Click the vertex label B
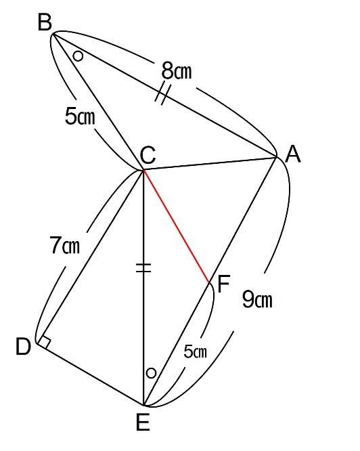point(45,22)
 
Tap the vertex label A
point(293,154)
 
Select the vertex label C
point(148,155)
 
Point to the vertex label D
point(23,346)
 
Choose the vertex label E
point(143,423)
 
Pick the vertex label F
point(223,284)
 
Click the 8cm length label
point(177,70)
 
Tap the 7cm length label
point(65,245)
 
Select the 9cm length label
point(257,299)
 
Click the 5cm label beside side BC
point(80,116)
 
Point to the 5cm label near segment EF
point(195,351)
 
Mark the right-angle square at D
point(44,341)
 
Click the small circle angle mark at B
point(78,56)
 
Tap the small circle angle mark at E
point(151,373)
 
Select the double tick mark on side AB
point(163,93)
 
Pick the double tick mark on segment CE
point(143,267)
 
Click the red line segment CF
point(176,226)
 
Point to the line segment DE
point(90,374)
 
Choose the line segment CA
point(210,163)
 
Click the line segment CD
point(90,256)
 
